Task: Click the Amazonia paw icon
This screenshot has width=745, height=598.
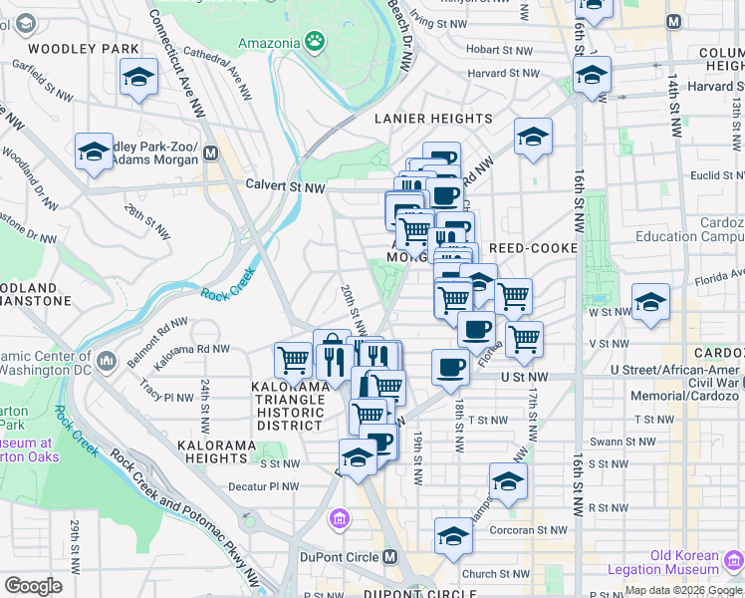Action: (x=316, y=41)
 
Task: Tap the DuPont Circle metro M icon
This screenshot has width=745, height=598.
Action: (x=389, y=556)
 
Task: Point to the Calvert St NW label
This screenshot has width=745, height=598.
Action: (x=286, y=186)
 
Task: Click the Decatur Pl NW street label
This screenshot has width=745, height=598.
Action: (x=263, y=486)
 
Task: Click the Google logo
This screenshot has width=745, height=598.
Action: (x=34, y=585)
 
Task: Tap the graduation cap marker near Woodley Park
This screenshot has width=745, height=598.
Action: (x=139, y=77)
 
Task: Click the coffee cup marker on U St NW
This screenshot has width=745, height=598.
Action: (x=450, y=366)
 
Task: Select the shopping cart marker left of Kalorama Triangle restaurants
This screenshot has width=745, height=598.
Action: (x=294, y=359)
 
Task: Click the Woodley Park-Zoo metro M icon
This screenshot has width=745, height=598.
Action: (x=210, y=152)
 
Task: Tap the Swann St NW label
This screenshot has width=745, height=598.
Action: (x=629, y=441)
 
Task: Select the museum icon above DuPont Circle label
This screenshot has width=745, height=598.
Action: (x=339, y=517)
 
